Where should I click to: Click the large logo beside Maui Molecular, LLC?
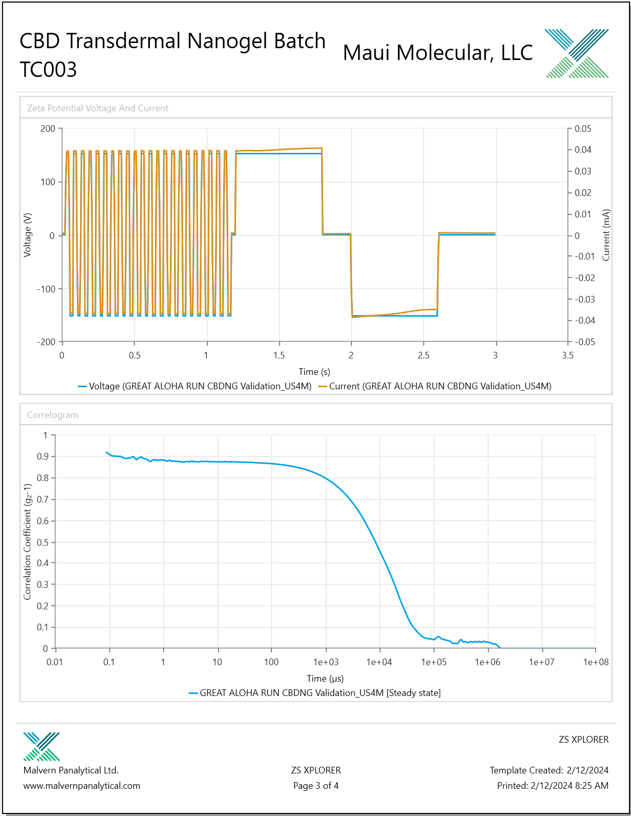577,53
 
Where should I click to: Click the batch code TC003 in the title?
48,70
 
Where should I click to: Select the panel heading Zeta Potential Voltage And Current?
97,108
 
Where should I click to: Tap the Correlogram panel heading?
52,415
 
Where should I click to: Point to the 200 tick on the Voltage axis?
48,129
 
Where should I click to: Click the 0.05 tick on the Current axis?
583,129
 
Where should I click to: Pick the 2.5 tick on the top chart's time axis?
423,355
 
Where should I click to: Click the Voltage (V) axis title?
27,235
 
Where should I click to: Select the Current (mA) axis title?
606,235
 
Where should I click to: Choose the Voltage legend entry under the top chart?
195,386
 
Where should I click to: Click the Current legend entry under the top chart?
435,386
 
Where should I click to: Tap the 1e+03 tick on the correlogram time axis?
326,662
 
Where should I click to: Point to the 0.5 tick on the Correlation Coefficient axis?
43,542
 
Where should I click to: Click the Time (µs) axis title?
325,678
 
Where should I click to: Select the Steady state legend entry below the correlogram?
315,693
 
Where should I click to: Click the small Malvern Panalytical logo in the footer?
42,747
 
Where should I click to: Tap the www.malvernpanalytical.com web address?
82,786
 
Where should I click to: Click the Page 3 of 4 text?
316,786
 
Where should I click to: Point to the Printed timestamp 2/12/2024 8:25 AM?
569,786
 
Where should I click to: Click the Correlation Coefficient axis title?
27,542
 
